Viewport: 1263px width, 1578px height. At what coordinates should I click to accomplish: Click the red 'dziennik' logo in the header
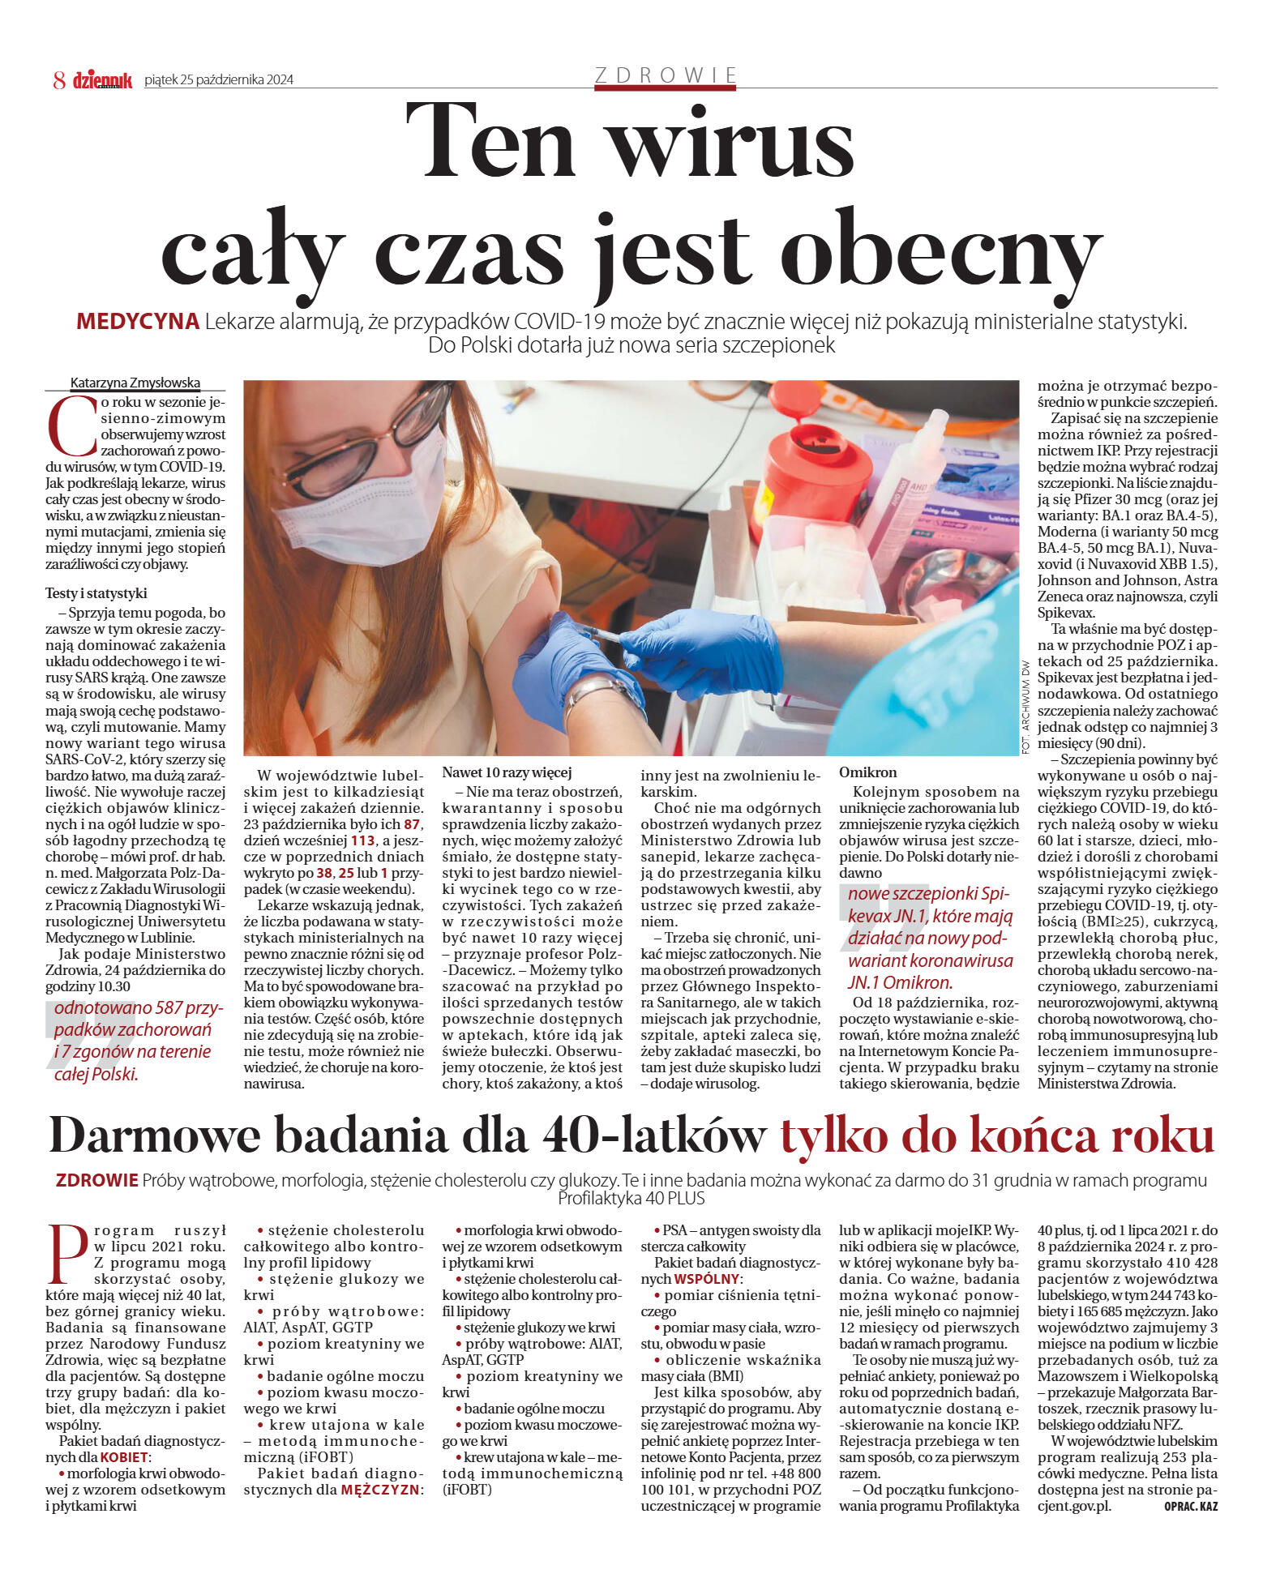[102, 79]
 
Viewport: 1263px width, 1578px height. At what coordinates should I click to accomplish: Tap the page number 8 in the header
[59, 79]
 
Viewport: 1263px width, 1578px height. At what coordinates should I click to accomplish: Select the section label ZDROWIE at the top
[666, 75]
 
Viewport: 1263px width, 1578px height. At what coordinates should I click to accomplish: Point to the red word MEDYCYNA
[138, 322]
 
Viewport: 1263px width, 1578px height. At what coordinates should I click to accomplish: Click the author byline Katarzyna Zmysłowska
[135, 383]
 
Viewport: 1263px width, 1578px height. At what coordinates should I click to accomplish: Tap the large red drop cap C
[66, 427]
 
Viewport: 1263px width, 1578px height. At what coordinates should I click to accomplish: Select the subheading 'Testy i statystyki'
[96, 593]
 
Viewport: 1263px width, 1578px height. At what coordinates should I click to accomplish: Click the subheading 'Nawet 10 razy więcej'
[507, 772]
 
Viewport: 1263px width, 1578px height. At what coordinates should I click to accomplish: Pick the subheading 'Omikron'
[867, 772]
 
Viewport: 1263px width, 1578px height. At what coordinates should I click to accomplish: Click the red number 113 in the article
[362, 840]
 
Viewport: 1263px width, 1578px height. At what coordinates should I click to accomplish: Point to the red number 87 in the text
[412, 824]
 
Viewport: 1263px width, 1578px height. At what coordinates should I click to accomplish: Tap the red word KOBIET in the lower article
[124, 1457]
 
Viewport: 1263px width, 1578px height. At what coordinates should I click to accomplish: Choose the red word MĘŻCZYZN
[380, 1490]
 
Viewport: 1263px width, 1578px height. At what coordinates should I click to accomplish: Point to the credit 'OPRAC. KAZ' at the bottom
[1190, 1507]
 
